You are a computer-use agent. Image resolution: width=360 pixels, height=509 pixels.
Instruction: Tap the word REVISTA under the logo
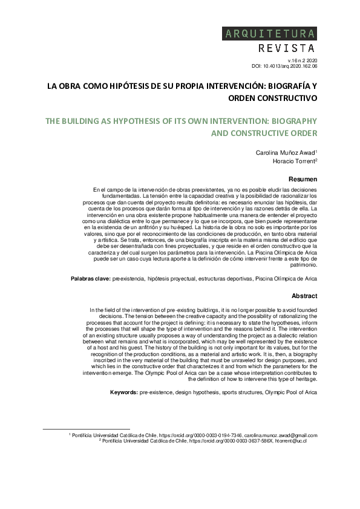[x=286, y=48]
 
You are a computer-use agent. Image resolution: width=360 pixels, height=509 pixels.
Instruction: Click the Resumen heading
[x=303, y=179]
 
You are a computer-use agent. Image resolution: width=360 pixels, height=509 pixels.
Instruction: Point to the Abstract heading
[x=304, y=296]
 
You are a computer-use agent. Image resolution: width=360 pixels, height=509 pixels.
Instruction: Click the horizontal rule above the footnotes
[x=87, y=429]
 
